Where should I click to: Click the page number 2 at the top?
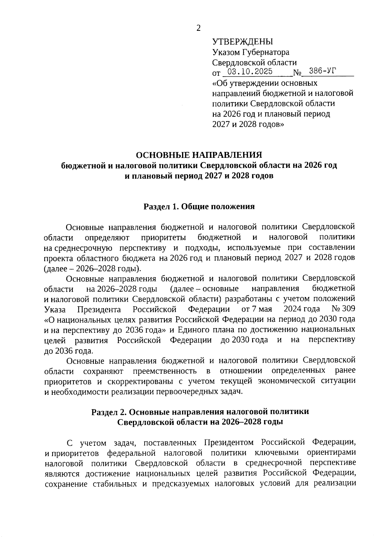coord(198,28)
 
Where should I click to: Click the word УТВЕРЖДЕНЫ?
coord(242,42)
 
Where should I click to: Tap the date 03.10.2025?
coord(250,72)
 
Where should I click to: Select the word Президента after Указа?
coord(99,309)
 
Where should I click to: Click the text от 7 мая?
coord(257,309)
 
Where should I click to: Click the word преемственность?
coord(165,371)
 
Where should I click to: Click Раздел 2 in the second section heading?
coord(109,412)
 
